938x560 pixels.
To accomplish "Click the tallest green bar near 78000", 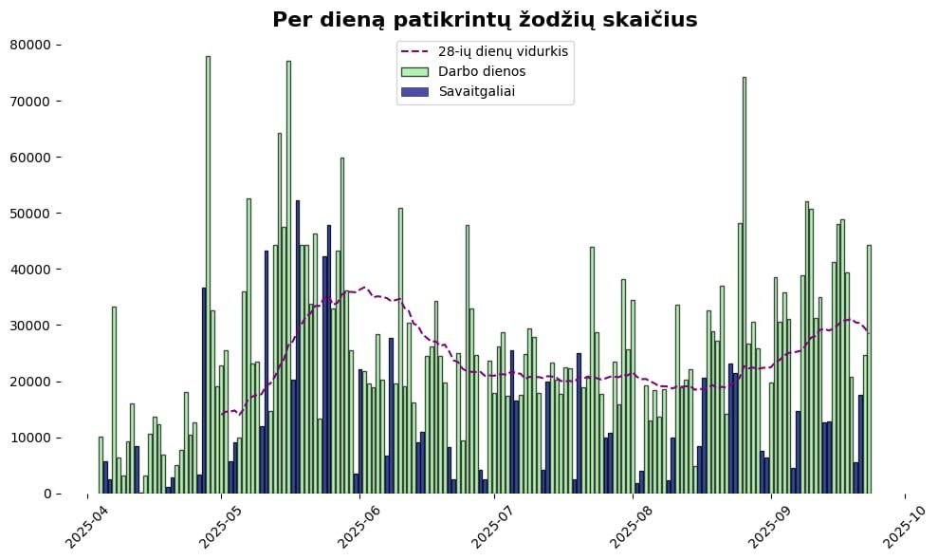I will [208, 275].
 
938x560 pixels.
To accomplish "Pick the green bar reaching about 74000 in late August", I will [744, 285].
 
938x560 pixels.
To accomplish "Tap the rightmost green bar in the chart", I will [869, 369].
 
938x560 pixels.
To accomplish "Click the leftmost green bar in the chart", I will [101, 465].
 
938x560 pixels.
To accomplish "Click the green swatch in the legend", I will [414, 71].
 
